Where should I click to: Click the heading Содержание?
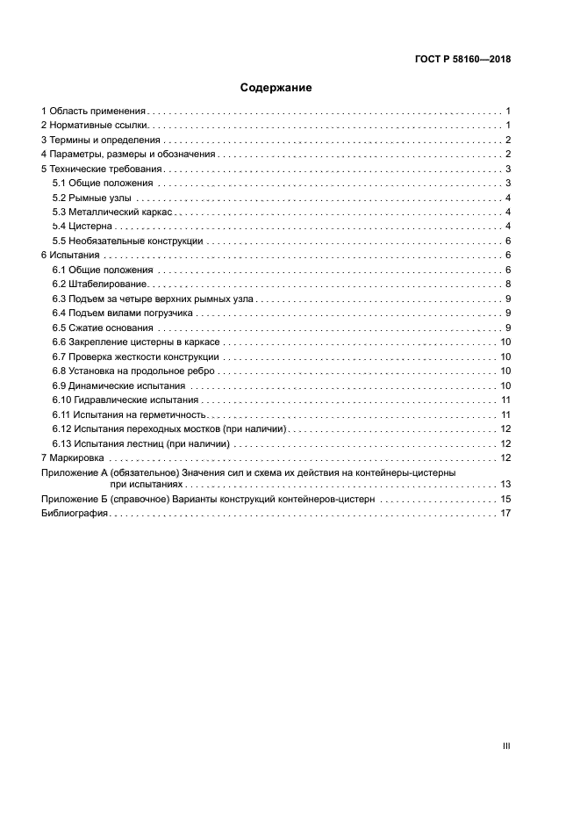point(276,88)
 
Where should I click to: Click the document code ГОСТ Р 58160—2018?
point(462,60)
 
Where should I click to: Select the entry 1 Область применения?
point(94,112)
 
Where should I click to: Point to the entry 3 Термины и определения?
point(101,140)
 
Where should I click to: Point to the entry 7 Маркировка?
point(73,457)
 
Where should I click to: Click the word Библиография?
point(75,514)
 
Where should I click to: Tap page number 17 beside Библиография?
point(505,514)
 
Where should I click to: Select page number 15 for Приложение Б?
point(505,499)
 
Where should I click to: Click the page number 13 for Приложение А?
point(505,484)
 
